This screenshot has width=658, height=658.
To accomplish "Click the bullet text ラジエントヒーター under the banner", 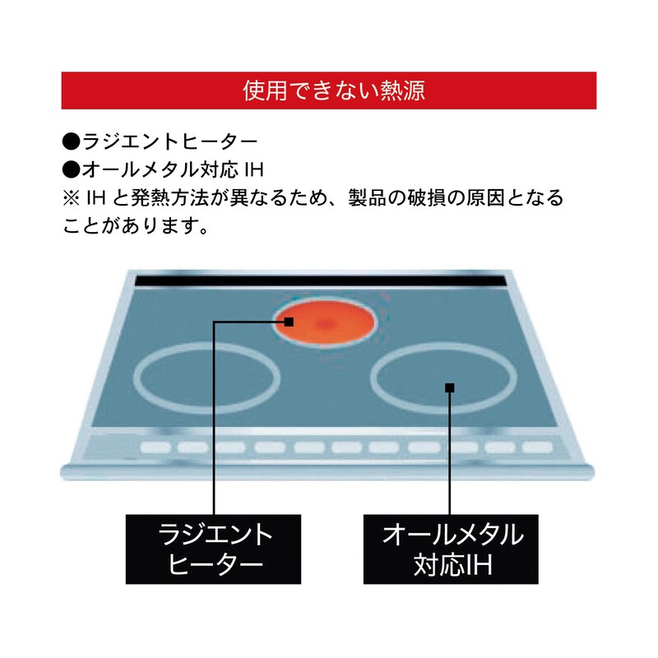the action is tap(170, 141).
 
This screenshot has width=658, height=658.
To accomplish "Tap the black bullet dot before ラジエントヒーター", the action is tap(71, 141).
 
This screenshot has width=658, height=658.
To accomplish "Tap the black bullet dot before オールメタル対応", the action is tap(71, 169).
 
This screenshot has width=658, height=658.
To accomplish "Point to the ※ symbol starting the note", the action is tap(72, 198).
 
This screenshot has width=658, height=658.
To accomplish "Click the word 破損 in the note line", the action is tap(421, 197).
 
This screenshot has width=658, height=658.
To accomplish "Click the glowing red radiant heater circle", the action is tap(324, 322).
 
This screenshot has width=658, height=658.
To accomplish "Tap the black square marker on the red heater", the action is tap(289, 322).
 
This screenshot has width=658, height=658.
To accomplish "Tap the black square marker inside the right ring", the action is tap(449, 387).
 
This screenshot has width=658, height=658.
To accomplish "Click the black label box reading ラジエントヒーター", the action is tap(214, 549).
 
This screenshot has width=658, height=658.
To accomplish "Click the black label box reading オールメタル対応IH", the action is tap(451, 549).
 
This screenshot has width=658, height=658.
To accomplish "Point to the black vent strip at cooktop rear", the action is tap(319, 280).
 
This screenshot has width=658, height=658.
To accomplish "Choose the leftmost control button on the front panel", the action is tap(155, 447).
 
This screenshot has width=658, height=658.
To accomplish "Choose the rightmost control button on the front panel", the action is tap(538, 447).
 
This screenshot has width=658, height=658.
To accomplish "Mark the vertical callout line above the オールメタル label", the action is tap(449, 454).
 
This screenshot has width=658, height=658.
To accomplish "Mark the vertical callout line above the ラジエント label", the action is tap(214, 419).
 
